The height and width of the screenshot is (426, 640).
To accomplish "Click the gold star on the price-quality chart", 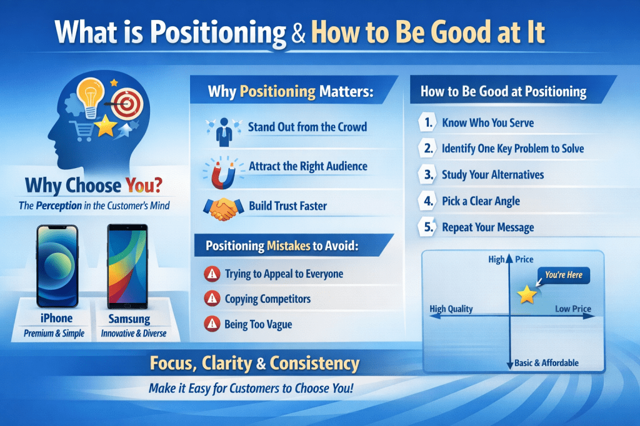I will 527,295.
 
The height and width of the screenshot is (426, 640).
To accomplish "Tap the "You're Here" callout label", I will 564,275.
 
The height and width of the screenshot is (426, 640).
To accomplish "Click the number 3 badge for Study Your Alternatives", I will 427,175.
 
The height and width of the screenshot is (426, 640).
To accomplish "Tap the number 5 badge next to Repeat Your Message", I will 427,227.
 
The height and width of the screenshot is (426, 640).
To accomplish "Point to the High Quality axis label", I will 451,309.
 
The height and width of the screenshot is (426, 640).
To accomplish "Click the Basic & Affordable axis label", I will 547,363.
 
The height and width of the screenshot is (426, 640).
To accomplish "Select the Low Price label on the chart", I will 573,309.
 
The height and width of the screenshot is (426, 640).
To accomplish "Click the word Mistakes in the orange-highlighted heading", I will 288,246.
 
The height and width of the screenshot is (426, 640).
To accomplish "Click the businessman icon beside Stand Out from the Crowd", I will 222,129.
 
